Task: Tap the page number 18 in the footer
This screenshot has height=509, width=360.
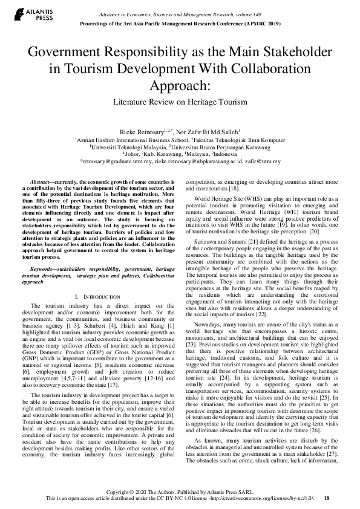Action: pyautogui.click(x=327, y=499)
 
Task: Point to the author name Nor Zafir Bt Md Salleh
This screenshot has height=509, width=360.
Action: pyautogui.click(x=209, y=131)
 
